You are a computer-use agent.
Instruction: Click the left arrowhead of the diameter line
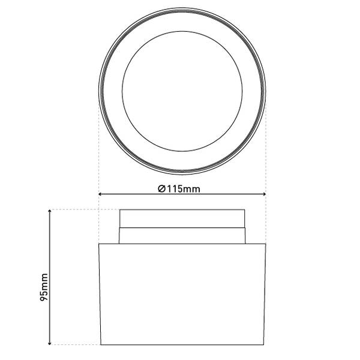click(101, 194)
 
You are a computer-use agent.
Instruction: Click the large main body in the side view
click(182, 294)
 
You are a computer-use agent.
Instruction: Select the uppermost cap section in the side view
click(182, 219)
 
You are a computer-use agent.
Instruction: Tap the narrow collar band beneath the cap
click(182, 236)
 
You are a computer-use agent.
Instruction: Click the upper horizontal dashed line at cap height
click(84, 209)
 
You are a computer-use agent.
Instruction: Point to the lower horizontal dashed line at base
click(78, 345)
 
